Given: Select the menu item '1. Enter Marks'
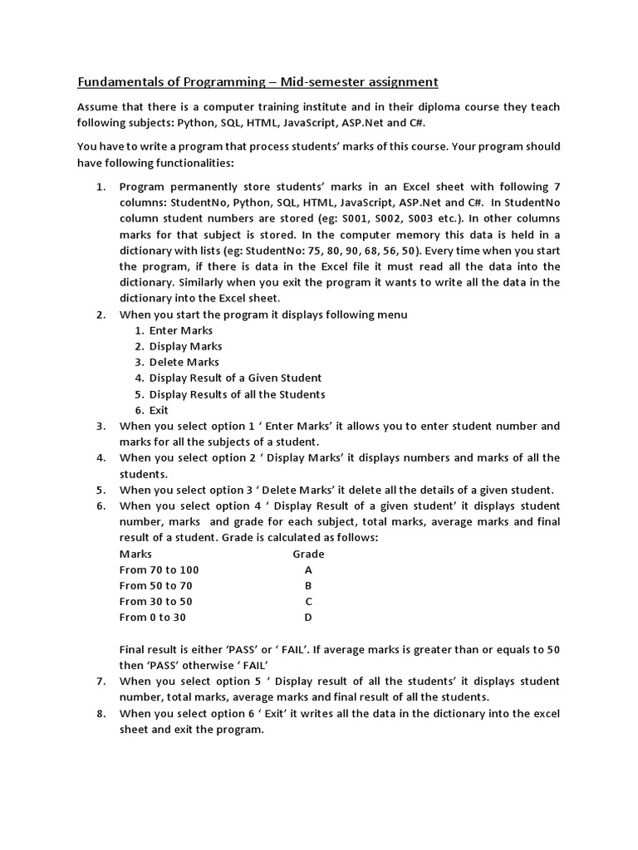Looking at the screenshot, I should pyautogui.click(x=174, y=330).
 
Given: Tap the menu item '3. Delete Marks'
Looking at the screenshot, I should pyautogui.click(x=177, y=362).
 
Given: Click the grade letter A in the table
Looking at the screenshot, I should pyautogui.click(x=308, y=570).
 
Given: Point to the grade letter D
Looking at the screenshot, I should pyautogui.click(x=308, y=618).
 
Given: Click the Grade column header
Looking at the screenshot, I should pyautogui.click(x=308, y=554).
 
